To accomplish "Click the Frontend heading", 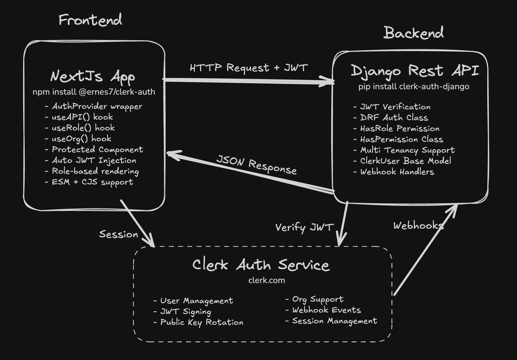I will [90, 20].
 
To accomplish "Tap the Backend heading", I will [413, 33].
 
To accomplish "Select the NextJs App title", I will [93, 76].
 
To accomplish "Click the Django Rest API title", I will [415, 71].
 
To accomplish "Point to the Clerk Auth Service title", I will [261, 265].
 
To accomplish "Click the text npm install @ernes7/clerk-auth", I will [94, 92].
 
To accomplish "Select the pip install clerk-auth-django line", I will [414, 87].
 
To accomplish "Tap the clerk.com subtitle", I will [266, 280].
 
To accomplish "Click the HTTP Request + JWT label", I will [249, 68].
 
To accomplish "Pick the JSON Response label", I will [256, 165].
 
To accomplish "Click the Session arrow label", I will [118, 234].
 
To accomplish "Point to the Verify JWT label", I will [304, 227].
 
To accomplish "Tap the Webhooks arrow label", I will [418, 226].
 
